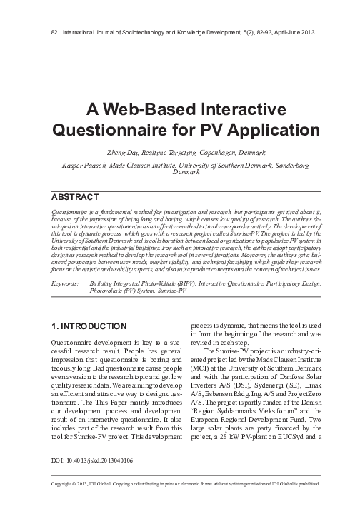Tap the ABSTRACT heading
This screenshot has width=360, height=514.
pos(75,196)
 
